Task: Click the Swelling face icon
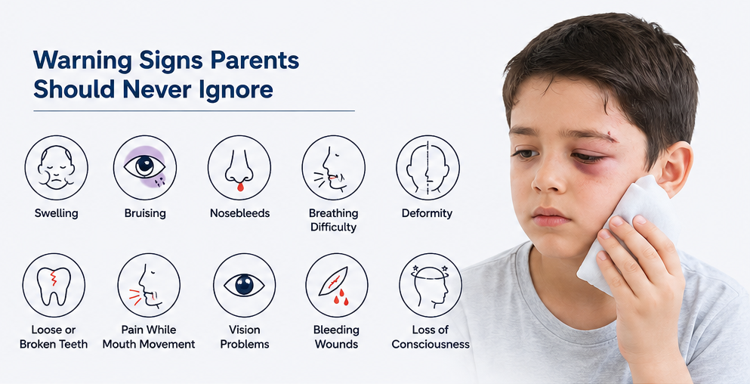(57, 167)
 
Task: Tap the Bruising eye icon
(145, 167)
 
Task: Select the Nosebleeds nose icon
(239, 167)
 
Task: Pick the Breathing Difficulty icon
(333, 167)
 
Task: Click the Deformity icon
(427, 167)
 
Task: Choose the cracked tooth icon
(54, 286)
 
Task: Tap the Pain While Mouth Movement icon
(149, 286)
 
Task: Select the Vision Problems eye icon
(245, 286)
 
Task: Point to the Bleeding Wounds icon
(337, 286)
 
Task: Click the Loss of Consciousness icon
(431, 286)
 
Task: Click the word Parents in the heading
(249, 61)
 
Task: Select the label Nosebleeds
(239, 213)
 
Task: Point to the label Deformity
(427, 213)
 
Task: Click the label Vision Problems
(245, 337)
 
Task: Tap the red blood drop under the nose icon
(240, 187)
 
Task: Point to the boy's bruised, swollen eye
(590, 158)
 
